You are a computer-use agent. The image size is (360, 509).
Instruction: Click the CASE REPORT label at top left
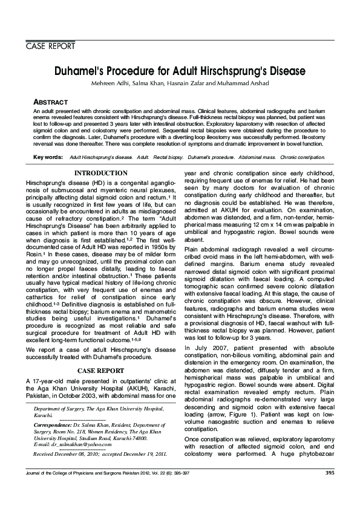coord(50,47)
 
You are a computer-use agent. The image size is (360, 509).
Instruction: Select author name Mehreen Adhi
coord(108,83)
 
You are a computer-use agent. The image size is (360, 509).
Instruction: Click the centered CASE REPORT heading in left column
coord(100,370)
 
